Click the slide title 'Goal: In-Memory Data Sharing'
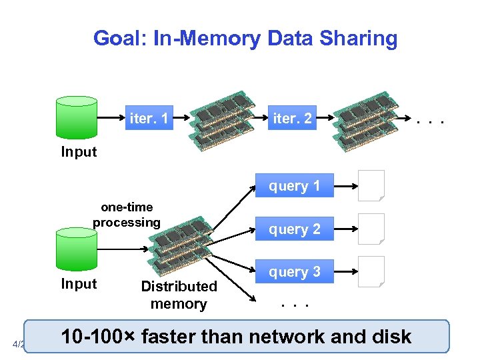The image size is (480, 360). click(x=245, y=38)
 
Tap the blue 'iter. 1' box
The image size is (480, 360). click(x=149, y=119)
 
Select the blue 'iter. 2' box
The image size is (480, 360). click(x=292, y=119)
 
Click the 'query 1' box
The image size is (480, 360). click(x=294, y=186)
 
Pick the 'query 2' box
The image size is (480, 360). click(x=294, y=229)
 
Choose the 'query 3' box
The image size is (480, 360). click(x=294, y=272)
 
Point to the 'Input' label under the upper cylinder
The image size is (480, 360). click(x=79, y=152)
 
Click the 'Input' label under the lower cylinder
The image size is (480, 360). click(x=79, y=284)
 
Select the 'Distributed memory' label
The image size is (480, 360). click(x=179, y=295)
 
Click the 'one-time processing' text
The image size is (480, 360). click(x=127, y=215)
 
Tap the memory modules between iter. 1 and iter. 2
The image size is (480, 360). click(x=222, y=119)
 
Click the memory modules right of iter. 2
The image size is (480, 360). click(x=365, y=119)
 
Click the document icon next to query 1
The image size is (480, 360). click(x=371, y=186)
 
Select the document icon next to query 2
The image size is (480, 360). click(x=371, y=229)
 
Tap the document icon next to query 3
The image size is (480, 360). click(x=371, y=272)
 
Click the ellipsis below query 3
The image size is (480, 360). click(x=294, y=305)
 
